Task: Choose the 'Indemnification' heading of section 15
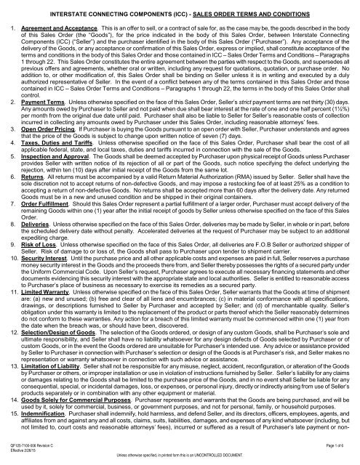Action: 43,437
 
